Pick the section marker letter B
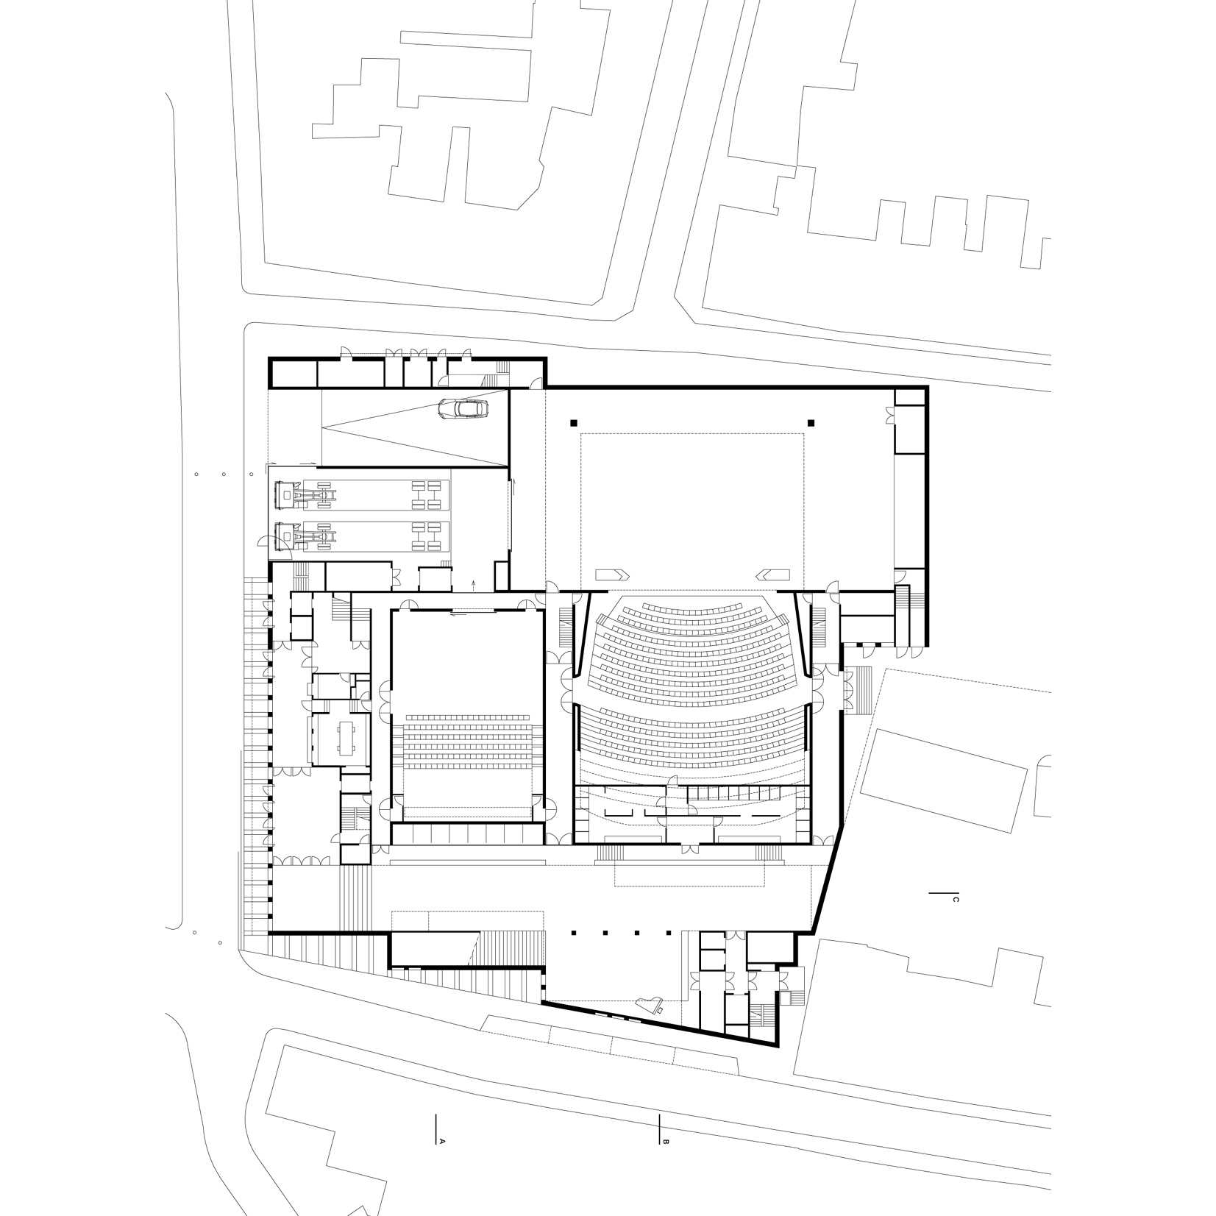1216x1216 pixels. pos(666,1163)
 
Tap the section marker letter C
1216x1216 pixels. pos(955,899)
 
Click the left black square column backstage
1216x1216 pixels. pos(572,423)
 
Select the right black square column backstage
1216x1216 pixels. pos(811,423)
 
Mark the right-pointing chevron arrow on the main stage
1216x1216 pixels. pos(611,574)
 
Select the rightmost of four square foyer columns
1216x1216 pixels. pos(668,933)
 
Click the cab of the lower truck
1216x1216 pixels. pos(285,536)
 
